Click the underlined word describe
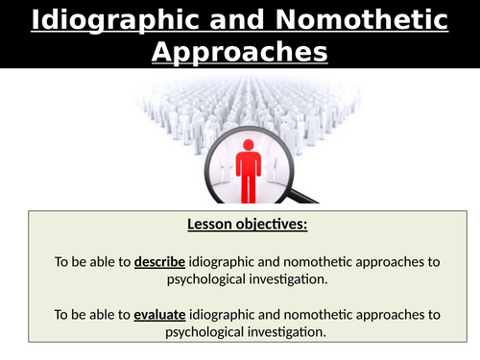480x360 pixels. pos(159,261)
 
